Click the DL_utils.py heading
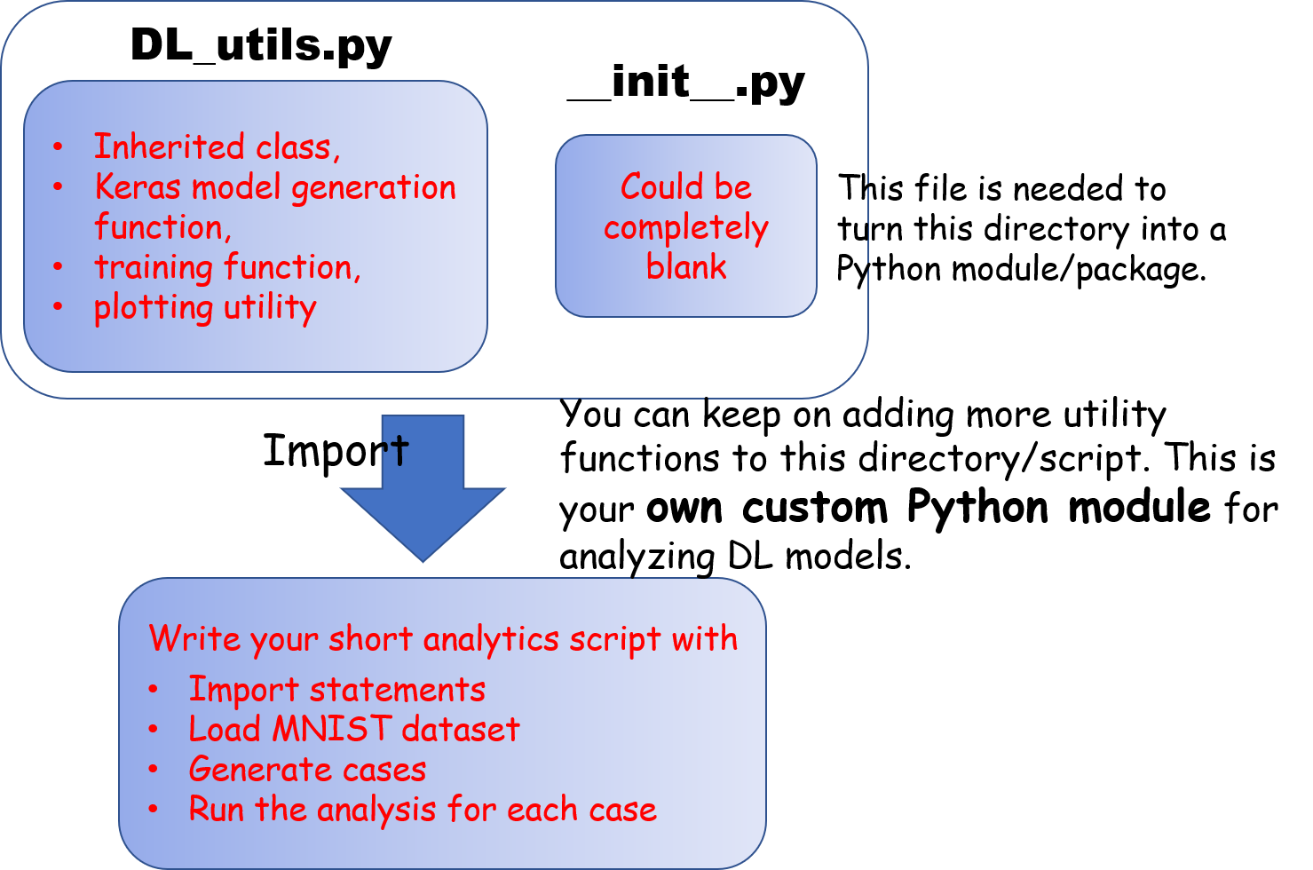(261, 46)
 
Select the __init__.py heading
(686, 83)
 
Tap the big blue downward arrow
(423, 487)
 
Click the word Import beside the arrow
(336, 451)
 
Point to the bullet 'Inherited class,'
(217, 146)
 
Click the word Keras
(138, 187)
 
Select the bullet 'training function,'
(227, 267)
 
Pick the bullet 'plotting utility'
(205, 308)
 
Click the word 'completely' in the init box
(686, 228)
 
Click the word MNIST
(332, 729)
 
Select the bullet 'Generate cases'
(307, 769)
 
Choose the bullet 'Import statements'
(337, 689)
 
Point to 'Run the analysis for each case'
(423, 810)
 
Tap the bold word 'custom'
(815, 507)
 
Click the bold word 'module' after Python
(1140, 507)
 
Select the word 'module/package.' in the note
(1080, 270)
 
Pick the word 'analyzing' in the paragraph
(637, 557)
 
